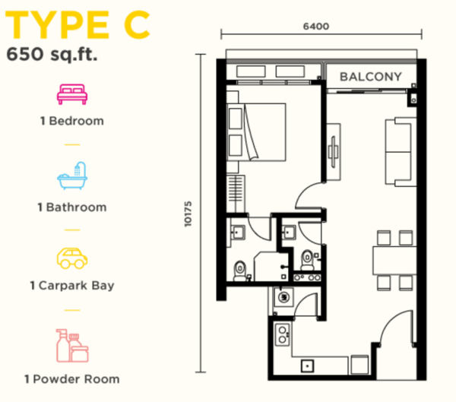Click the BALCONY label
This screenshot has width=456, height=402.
pos(371,77)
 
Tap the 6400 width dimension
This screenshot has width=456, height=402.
pos(316,27)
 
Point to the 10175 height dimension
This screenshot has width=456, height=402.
pos(188,214)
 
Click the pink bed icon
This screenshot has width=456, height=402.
pos(72,94)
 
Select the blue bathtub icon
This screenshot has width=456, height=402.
pos(72,176)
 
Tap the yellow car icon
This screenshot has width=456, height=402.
pos(72,258)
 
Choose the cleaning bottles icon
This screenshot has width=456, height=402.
pos(72,346)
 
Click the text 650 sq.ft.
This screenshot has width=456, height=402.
pos(52,54)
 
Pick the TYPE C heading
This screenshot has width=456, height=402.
pos(78,25)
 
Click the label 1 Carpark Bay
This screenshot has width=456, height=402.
pos(72,286)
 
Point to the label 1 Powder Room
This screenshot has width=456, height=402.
pos(72,379)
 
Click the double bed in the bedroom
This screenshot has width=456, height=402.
pos(256,132)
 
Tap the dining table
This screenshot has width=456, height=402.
pos(394,261)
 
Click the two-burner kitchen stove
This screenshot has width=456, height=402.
pos(283,334)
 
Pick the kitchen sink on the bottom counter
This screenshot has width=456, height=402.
pos(307,366)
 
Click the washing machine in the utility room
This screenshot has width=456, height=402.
pos(283,297)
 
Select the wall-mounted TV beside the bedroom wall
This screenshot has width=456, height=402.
pos(334,152)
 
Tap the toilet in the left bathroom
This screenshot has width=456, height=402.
pos(240,271)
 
